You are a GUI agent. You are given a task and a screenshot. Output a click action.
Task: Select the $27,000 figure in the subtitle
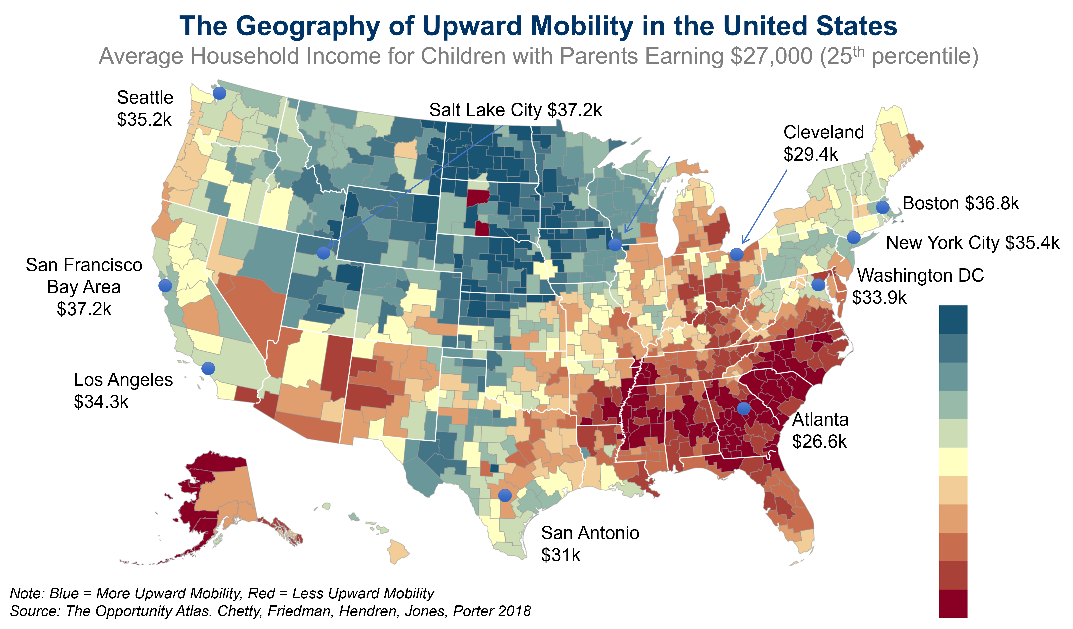(771, 56)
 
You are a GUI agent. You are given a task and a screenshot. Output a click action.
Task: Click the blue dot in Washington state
(219, 93)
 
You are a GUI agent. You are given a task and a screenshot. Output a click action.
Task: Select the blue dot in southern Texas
(505, 495)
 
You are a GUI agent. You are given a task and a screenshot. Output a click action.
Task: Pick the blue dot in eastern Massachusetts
(883, 208)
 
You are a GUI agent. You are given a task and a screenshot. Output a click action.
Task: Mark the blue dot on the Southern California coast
(208, 368)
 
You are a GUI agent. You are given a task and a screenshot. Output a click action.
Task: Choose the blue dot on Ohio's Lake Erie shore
(736, 254)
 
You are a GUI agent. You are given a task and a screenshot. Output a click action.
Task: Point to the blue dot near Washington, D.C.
(818, 285)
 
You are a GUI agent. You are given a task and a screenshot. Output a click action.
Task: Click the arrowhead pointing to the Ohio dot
(742, 243)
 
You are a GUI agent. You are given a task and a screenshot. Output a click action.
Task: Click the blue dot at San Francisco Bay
(165, 285)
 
